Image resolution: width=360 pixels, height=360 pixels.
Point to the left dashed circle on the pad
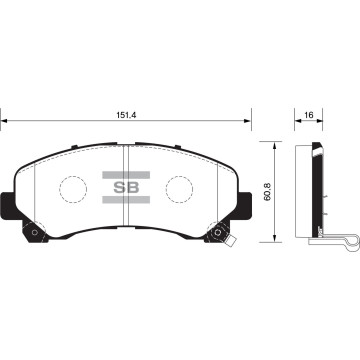point(74,188)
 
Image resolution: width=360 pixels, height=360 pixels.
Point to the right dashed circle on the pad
point(180,188)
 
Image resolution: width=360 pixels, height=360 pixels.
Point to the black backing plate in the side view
point(318,190)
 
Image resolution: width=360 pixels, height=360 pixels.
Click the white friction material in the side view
point(308,190)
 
